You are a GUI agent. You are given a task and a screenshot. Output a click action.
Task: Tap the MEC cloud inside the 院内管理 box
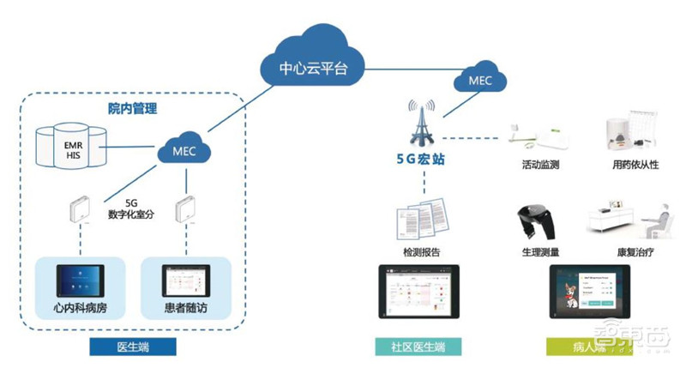[x=184, y=152]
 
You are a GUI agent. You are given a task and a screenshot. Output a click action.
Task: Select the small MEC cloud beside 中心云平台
[x=479, y=80]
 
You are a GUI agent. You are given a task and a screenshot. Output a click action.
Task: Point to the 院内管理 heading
[x=132, y=109]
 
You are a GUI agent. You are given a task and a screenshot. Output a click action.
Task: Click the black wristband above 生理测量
[x=536, y=226]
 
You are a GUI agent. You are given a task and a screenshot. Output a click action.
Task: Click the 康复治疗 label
[x=635, y=254]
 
